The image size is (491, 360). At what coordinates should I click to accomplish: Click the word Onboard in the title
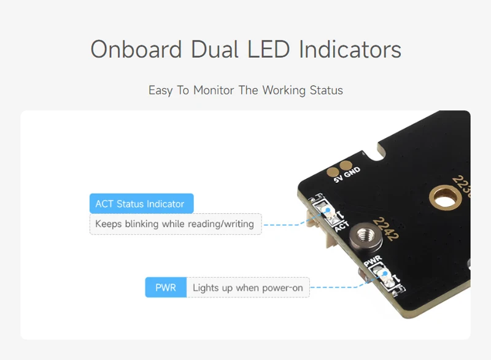click(x=137, y=50)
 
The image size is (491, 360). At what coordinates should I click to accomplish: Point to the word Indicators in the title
click(x=350, y=50)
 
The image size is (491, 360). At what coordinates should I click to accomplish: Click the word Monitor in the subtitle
click(x=214, y=90)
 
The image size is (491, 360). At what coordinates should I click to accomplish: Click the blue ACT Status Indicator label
click(x=141, y=204)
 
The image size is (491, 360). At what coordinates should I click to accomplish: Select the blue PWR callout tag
click(x=165, y=288)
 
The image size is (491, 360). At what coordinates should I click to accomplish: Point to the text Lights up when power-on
click(x=247, y=288)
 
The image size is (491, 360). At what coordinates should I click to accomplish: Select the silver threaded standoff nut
click(x=361, y=235)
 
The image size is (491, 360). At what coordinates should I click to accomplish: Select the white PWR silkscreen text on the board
click(x=372, y=261)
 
